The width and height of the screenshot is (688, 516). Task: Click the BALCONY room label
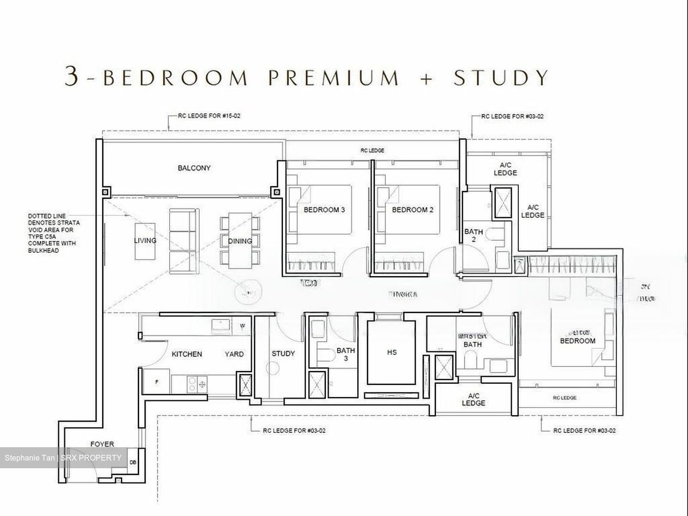(x=194, y=168)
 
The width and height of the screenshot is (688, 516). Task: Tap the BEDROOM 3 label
(x=324, y=210)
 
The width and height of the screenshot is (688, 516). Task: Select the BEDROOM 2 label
(x=412, y=210)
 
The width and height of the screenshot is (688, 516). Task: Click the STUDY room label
(x=283, y=354)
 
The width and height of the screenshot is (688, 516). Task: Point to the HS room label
(x=392, y=353)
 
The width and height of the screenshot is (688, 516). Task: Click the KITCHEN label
(x=187, y=354)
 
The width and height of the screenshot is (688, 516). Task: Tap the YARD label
(x=234, y=354)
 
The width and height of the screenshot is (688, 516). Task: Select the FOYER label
(x=102, y=444)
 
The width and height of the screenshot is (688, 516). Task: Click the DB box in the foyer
(x=133, y=462)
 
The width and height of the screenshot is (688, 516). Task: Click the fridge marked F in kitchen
(x=157, y=382)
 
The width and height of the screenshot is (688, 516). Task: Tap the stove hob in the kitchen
(x=196, y=383)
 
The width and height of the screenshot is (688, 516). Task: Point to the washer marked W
(x=243, y=326)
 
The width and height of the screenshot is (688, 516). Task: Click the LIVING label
(x=145, y=240)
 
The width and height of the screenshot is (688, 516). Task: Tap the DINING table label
(x=239, y=241)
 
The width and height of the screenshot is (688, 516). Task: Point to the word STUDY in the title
(x=501, y=77)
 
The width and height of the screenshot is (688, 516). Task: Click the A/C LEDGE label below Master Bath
(x=473, y=399)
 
